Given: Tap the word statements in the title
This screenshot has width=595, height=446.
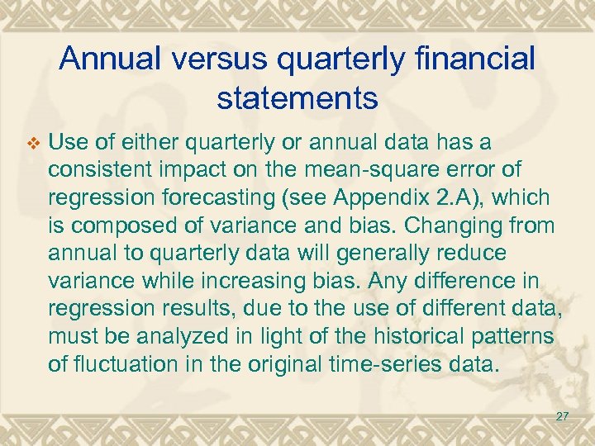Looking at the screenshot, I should coord(297,98).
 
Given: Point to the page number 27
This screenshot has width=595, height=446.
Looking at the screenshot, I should coord(562,417).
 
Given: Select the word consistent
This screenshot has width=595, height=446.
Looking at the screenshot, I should coord(100,171).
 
